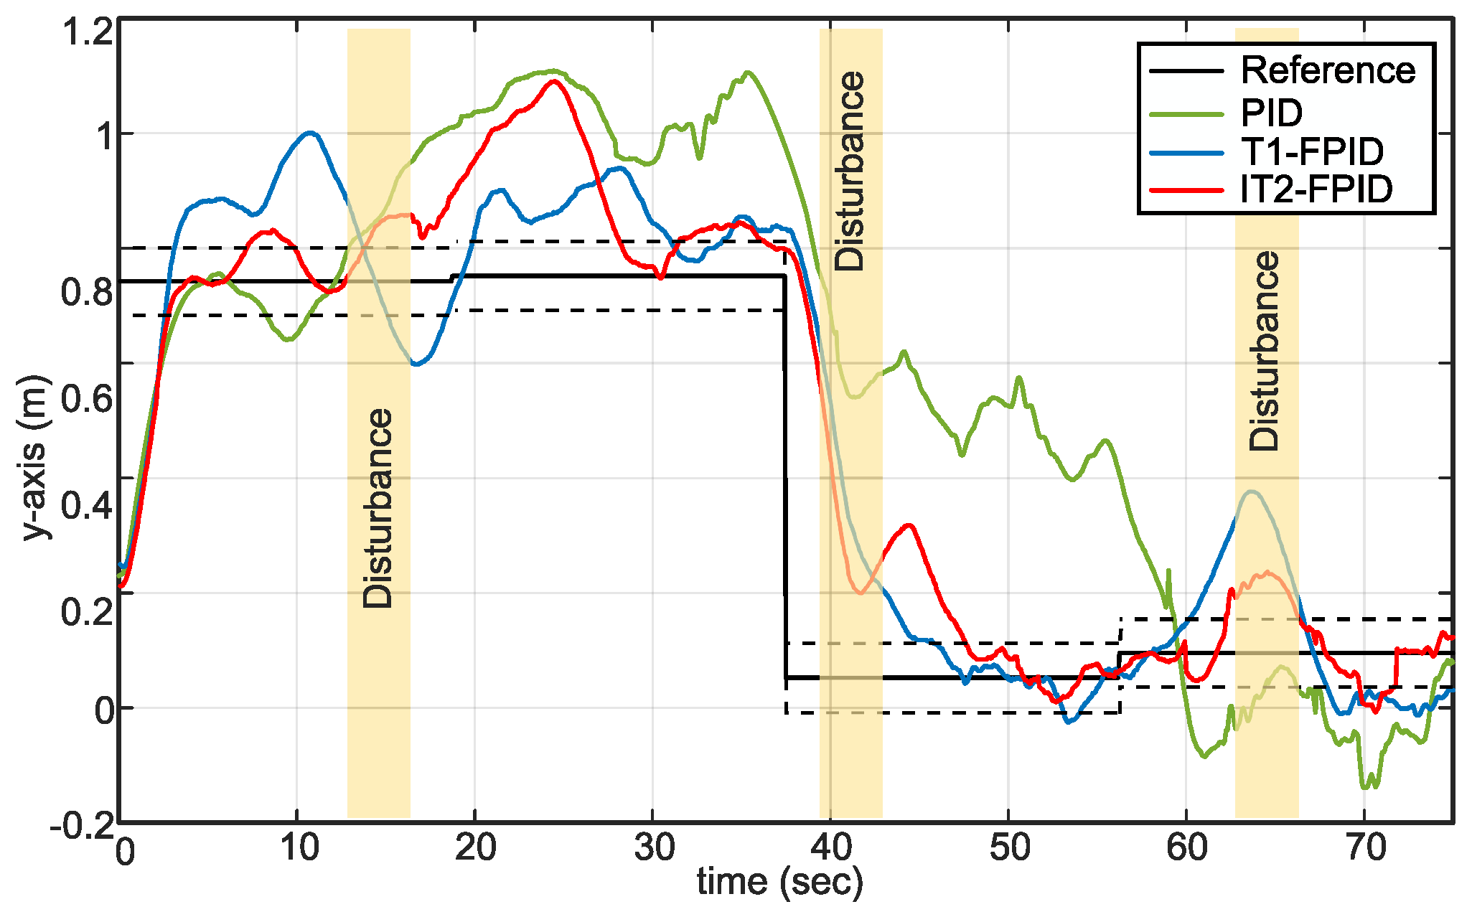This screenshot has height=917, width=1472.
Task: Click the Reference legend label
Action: coord(1328,70)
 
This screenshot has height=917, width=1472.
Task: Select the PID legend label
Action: coord(1271,112)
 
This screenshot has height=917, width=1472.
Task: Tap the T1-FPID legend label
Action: coord(1312,151)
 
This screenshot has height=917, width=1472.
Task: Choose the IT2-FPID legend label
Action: coord(1316,189)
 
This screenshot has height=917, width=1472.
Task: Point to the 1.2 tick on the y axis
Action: coord(88,32)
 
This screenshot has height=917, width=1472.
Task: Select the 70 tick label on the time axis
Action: coord(1366,849)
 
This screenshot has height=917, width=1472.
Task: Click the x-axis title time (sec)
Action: coord(779,881)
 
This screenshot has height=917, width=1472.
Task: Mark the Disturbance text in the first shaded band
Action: coord(378,508)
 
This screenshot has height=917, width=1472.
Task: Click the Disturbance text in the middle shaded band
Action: coord(850,171)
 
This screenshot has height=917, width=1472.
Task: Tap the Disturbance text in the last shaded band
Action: coord(1265,350)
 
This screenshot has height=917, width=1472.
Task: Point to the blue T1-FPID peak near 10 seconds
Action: coord(310,133)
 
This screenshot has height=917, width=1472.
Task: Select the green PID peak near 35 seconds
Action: coord(749,72)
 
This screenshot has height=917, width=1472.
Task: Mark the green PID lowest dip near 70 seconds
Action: coord(1365,787)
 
